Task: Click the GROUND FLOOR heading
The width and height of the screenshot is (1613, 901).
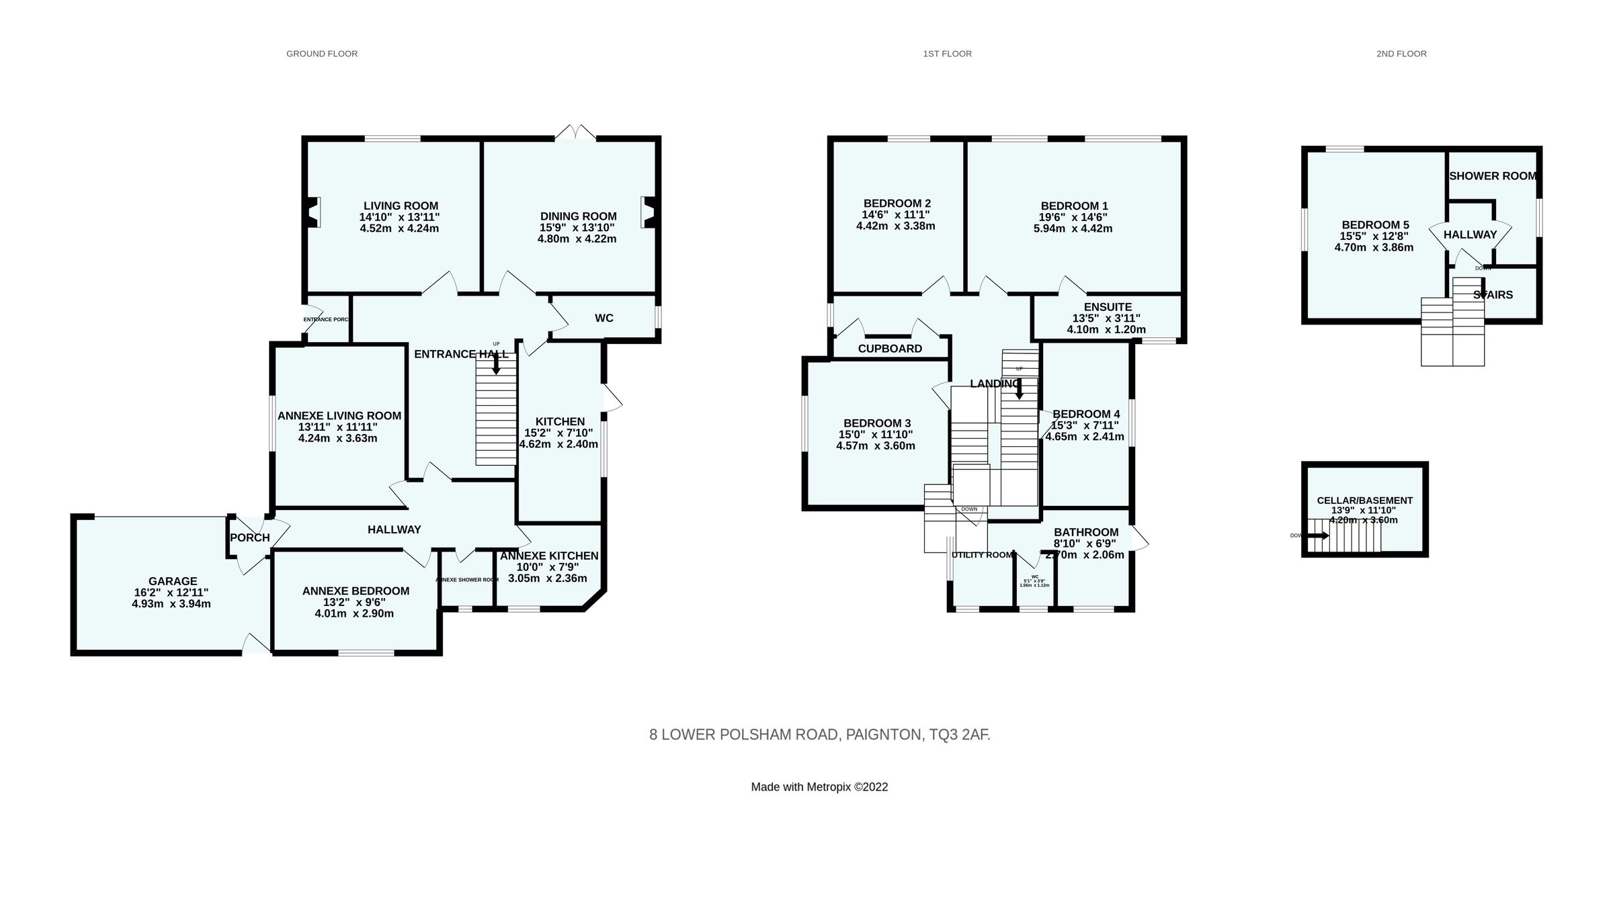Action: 322,54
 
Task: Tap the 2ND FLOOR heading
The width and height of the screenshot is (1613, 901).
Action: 1401,54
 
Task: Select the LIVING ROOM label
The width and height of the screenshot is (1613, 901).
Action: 401,206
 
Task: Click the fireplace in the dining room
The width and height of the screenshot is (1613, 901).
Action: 649,212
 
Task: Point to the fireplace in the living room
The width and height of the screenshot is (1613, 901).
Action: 313,212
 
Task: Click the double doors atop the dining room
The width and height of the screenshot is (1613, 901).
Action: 576,132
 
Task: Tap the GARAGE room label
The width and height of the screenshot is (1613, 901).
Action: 173,581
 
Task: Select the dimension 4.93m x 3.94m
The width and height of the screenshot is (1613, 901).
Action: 171,604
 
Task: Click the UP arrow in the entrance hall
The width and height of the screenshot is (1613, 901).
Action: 496,363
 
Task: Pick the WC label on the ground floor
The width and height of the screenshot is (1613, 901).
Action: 604,318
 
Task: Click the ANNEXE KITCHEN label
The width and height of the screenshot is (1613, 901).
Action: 549,556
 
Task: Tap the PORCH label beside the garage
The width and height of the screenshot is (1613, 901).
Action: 249,538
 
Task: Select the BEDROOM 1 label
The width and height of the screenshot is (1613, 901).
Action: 1074,206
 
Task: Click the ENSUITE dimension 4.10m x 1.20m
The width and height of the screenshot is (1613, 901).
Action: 1106,330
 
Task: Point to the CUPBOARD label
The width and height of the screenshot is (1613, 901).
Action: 890,349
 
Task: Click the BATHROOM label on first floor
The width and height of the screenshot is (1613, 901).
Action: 1086,532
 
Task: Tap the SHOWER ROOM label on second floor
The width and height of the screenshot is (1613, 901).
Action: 1492,176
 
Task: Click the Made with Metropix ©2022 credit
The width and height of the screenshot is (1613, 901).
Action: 819,787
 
